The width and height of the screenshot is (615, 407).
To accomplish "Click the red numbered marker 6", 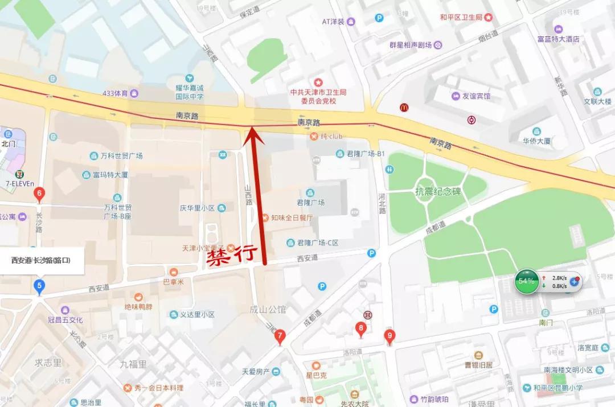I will [x=39, y=194].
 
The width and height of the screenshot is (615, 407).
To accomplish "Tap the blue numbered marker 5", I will [x=39, y=286].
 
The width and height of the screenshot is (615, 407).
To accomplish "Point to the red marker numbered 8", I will [x=360, y=328].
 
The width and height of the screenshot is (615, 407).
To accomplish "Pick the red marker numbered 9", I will [x=389, y=336].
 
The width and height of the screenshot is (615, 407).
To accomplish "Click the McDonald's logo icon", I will [x=404, y=107].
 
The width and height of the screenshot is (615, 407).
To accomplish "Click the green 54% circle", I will [x=526, y=281].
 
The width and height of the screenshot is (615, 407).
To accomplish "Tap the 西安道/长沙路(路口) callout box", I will [x=41, y=260].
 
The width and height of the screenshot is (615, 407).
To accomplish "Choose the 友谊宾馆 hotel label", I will [x=475, y=96].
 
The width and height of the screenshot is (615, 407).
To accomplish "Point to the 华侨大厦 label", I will [x=536, y=141].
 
